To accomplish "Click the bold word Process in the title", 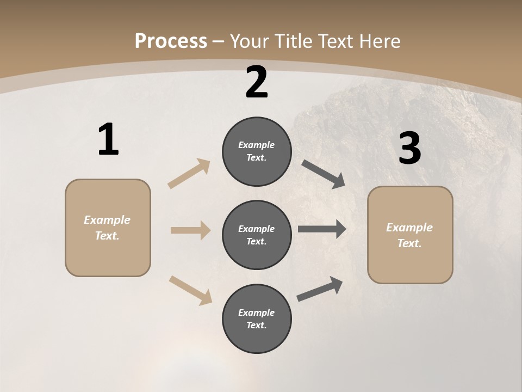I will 171,41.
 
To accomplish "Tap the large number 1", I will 108,140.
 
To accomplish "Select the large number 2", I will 257,82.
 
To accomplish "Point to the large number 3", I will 409,148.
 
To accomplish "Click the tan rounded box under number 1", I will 108,228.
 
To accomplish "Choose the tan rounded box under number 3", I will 410,235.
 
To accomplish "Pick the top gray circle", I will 257,151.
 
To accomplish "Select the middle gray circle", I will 257,235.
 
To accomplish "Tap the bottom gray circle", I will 257,318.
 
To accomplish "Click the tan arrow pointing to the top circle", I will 189,174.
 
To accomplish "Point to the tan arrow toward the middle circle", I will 190,230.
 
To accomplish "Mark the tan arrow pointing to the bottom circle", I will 190,290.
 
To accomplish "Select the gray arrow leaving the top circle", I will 323,174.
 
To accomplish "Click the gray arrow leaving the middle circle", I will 322,229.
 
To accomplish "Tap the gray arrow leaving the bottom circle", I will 320,289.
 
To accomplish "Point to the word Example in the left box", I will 107,220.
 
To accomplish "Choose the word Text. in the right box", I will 409,243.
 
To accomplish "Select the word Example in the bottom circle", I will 256,313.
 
